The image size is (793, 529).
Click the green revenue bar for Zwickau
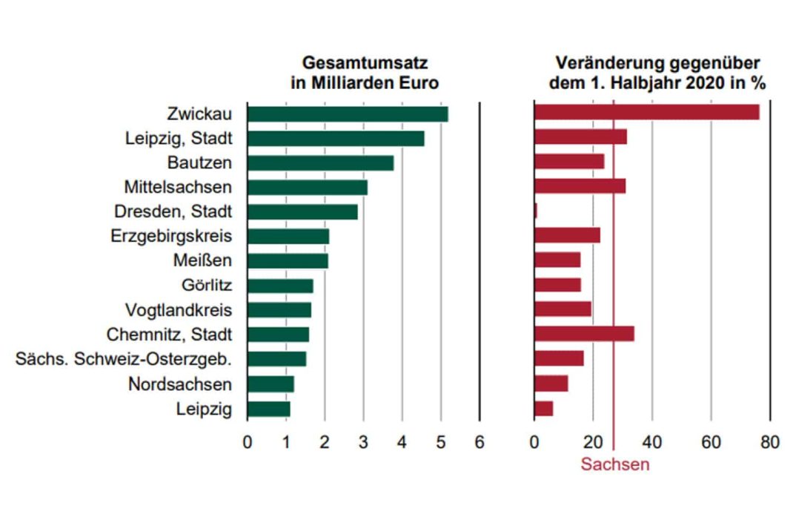347,114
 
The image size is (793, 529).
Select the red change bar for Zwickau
646,112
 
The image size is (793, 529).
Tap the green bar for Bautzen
320,162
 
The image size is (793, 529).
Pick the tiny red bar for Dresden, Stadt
535,211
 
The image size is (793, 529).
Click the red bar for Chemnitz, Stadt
584,334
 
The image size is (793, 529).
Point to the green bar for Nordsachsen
271,384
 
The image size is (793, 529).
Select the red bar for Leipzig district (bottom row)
543,409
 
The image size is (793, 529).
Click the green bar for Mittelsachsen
307,187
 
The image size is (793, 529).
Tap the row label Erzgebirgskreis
173,236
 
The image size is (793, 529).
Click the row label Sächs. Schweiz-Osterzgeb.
124,359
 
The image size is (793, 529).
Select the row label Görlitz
206,285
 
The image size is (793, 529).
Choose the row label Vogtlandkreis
178,309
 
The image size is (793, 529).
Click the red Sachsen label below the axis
614,464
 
